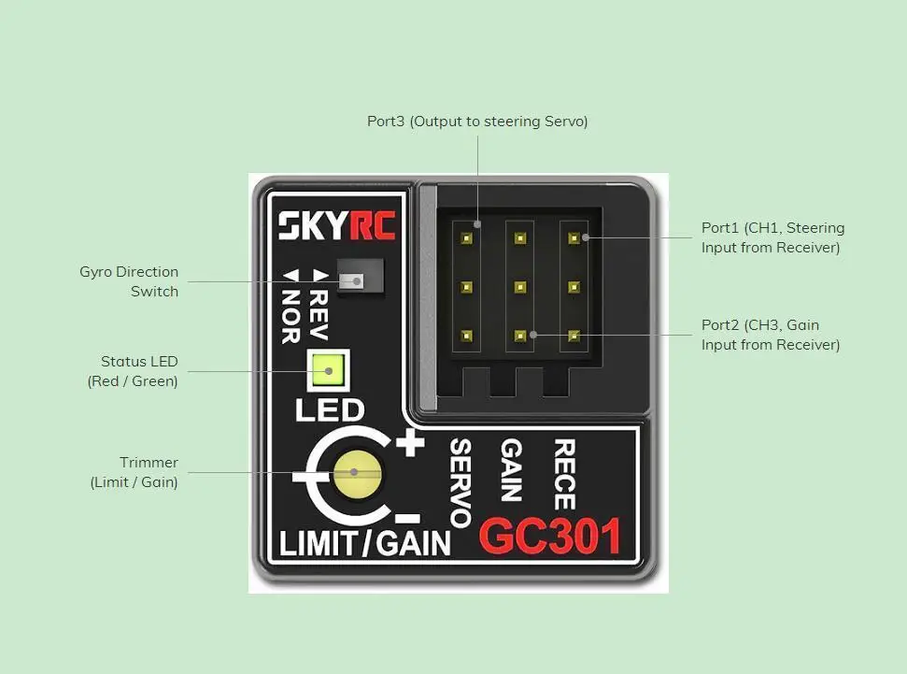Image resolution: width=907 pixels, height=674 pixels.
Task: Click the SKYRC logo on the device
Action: (336, 225)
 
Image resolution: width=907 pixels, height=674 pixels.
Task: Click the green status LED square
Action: (328, 370)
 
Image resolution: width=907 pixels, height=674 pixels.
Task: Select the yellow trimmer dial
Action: (358, 474)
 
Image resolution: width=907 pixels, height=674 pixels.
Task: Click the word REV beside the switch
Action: (319, 305)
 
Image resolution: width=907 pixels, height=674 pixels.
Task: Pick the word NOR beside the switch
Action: (291, 307)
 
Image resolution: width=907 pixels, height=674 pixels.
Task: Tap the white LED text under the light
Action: (330, 410)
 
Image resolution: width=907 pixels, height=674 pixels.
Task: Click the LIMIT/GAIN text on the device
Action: (364, 543)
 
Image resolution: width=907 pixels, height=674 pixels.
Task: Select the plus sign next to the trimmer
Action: (410, 443)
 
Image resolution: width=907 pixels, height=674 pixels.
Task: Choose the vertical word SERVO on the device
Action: (461, 483)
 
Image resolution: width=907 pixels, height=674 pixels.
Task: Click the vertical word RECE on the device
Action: (564, 474)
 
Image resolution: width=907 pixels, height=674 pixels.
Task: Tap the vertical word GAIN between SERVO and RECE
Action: (511, 469)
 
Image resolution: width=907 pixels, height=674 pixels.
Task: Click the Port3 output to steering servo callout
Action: (477, 122)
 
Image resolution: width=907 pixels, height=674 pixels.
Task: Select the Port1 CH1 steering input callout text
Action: (772, 237)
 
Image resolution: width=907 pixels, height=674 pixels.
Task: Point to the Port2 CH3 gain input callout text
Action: (771, 335)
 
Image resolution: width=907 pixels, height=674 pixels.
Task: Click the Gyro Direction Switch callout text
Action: (129, 281)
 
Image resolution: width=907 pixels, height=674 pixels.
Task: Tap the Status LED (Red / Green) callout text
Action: (133, 371)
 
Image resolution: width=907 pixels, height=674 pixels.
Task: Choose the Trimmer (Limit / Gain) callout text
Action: (135, 472)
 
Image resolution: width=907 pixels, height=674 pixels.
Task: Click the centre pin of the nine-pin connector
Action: (520, 287)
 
